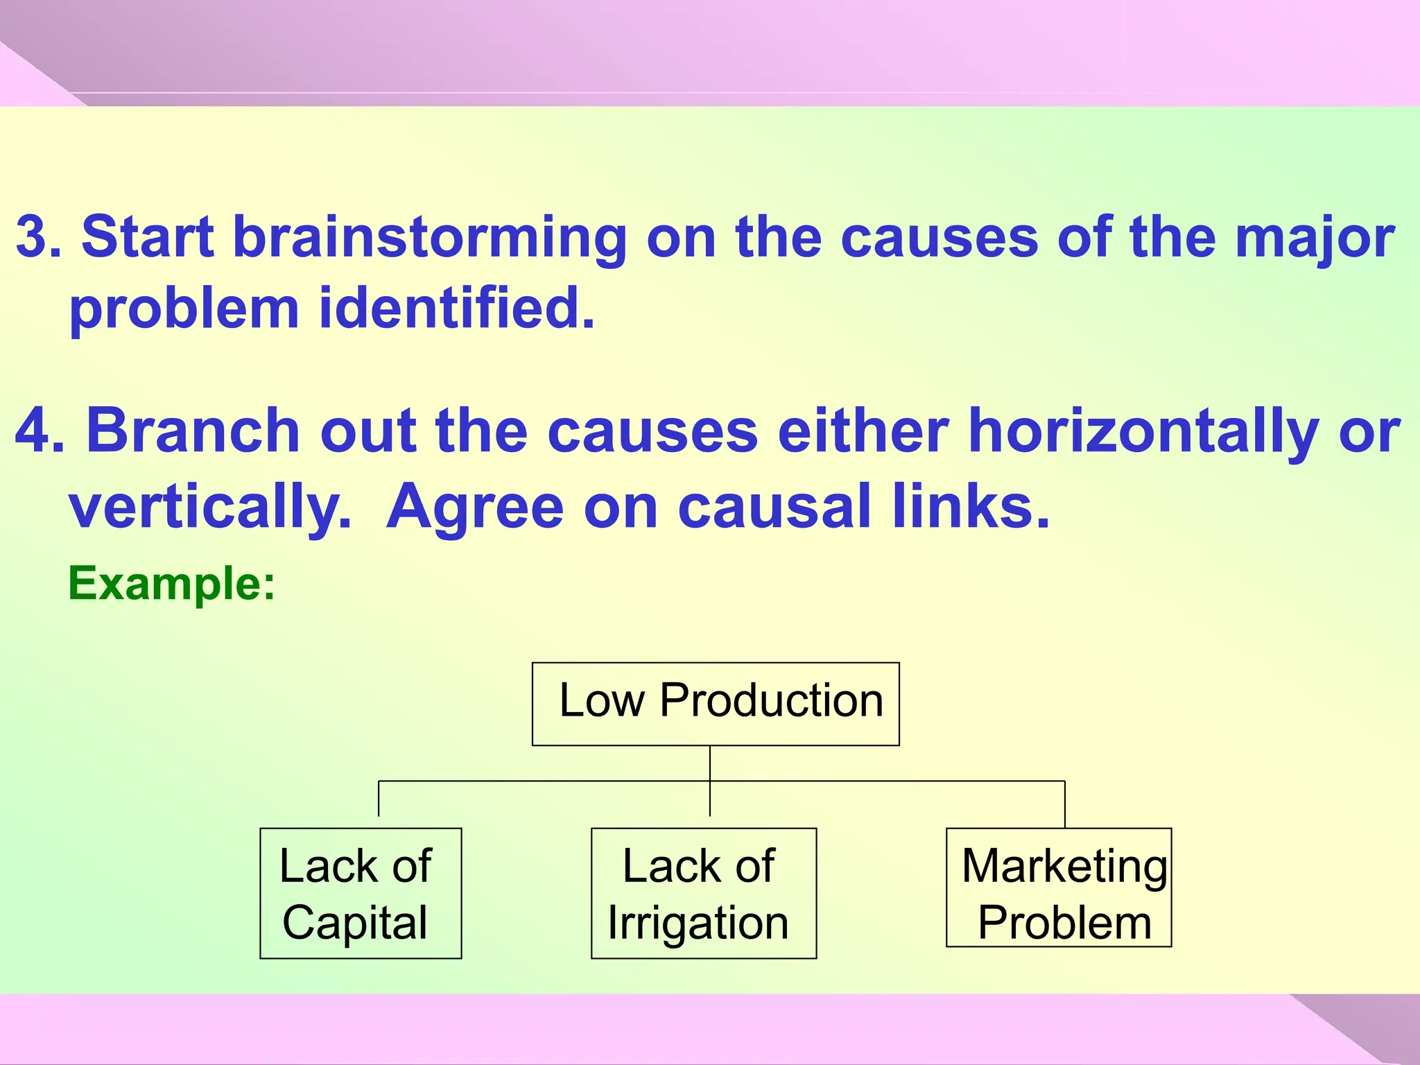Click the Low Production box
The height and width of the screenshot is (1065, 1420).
[716, 704]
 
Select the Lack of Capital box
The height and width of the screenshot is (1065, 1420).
[361, 893]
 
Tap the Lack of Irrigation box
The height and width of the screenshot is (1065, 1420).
[703, 893]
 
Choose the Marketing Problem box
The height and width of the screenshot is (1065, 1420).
[1059, 887]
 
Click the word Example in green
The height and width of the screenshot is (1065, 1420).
[165, 584]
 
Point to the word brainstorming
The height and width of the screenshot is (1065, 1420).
[430, 238]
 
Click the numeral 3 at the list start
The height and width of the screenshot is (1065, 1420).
[31, 238]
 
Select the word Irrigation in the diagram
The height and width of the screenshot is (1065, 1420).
[698, 923]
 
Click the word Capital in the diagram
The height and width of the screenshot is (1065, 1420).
[355, 923]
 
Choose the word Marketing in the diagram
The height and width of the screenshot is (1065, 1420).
[1064, 867]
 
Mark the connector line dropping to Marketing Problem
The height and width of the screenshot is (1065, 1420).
[1064, 804]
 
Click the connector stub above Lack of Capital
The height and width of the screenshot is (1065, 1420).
[379, 799]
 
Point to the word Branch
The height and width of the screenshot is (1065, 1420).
[193, 431]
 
